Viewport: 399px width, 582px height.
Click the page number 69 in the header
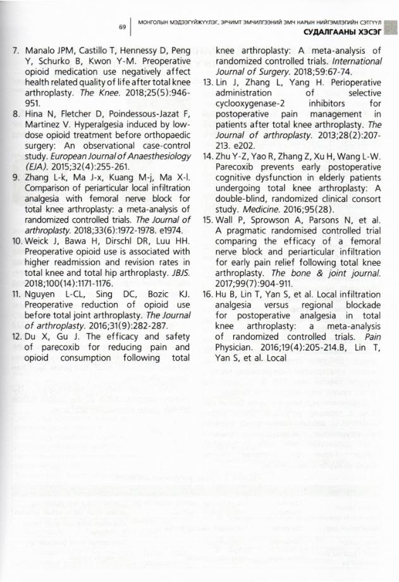pyautogui.click(x=123, y=27)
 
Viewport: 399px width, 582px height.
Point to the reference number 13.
pyautogui.click(x=207, y=82)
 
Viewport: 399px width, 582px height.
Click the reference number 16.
pyautogui.click(x=207, y=295)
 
